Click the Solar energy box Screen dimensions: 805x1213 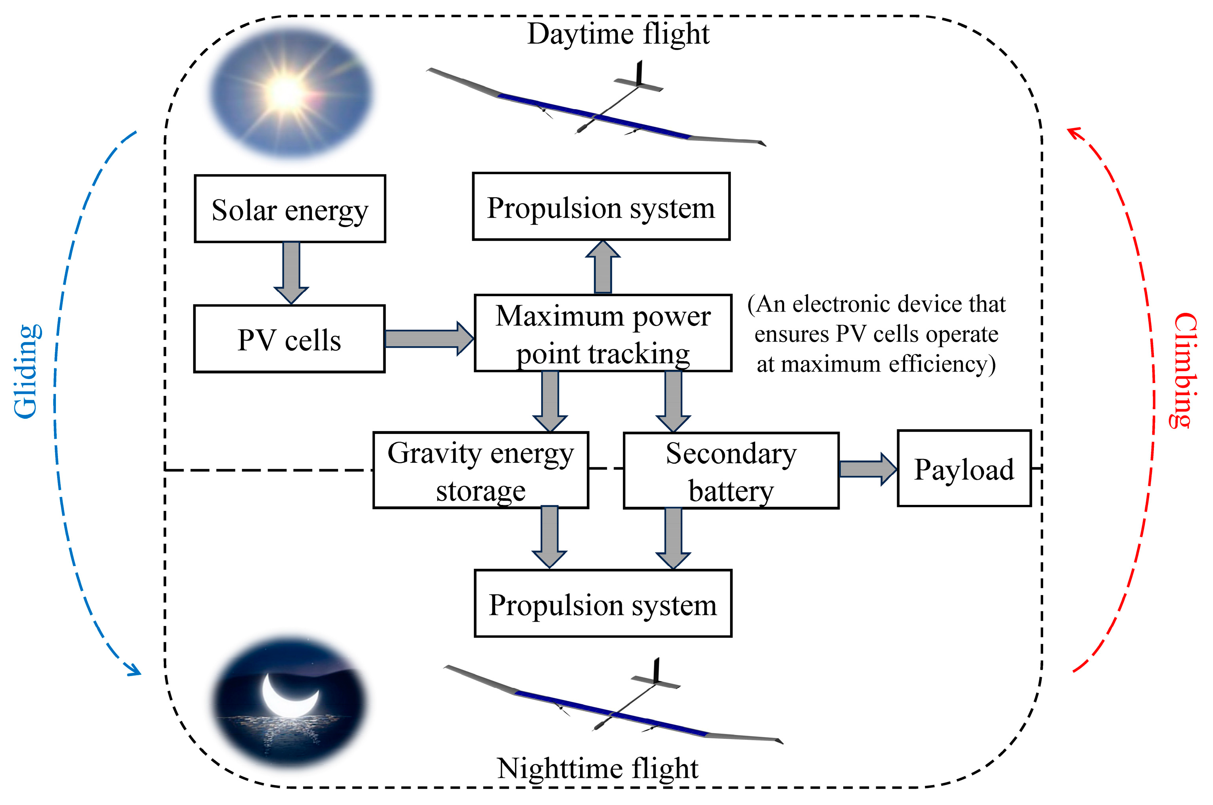290,208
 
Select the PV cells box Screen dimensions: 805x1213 289,339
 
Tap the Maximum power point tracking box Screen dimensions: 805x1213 603,333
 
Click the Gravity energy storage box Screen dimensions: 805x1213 481,470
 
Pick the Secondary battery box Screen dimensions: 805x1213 731,471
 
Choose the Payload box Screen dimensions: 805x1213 964,469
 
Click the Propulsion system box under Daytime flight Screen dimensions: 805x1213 601,206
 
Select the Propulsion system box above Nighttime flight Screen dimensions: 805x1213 603,603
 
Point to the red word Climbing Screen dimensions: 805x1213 1185,370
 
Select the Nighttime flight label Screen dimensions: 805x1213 598,768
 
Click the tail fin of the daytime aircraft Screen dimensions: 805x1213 639,73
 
